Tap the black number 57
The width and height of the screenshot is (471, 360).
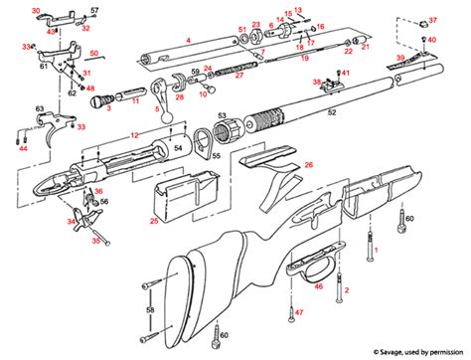tap(95, 10)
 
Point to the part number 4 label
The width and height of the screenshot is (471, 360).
tap(188, 41)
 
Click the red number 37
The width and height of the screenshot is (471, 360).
tap(432, 20)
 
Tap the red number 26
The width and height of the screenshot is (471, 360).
tap(309, 164)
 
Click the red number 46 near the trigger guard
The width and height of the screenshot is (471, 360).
tap(319, 286)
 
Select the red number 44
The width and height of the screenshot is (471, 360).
tap(23, 148)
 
